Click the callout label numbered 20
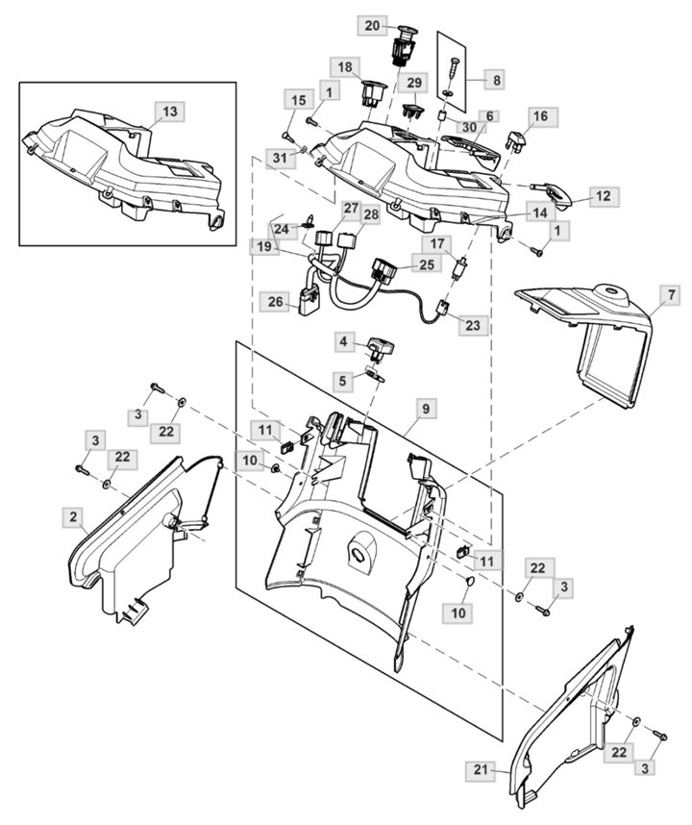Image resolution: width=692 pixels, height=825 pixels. (372, 25)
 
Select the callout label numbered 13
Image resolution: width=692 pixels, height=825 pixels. (170, 112)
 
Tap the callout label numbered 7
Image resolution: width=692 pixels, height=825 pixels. (671, 295)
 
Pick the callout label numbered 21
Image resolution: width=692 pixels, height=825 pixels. (481, 770)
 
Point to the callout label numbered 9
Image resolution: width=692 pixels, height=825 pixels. (426, 409)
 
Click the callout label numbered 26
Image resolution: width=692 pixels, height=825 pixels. (276, 302)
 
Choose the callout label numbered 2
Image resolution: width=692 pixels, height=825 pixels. (73, 517)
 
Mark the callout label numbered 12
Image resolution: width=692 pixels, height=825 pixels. (604, 196)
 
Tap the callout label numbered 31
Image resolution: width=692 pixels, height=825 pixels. (281, 158)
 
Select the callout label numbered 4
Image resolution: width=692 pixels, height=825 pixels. (343, 342)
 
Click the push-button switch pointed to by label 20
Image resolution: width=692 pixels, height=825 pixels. (404, 45)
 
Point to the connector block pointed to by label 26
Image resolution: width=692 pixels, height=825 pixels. (309, 301)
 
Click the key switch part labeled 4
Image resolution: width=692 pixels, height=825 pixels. (382, 349)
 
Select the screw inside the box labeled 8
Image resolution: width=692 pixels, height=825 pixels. (453, 66)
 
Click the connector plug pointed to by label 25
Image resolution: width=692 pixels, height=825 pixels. (385, 270)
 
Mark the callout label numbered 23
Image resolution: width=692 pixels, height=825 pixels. (473, 325)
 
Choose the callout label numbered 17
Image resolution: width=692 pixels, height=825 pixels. (437, 244)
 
